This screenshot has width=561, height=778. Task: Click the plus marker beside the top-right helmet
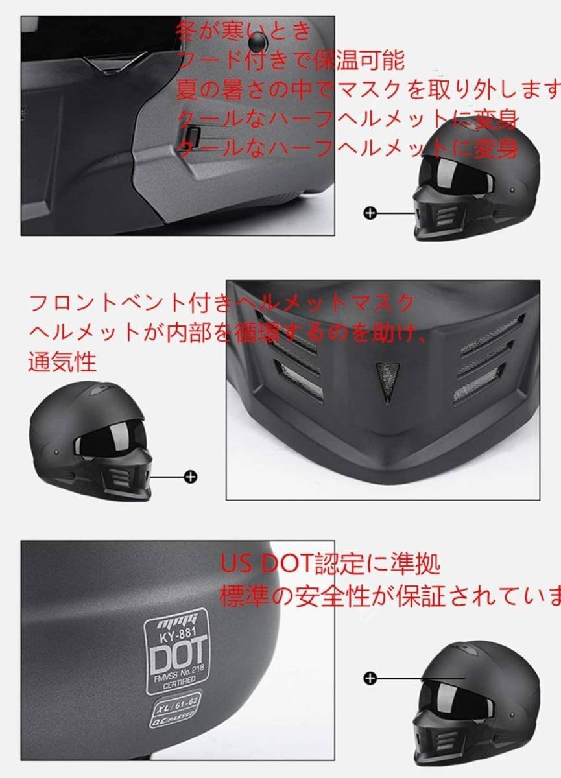[x=370, y=213]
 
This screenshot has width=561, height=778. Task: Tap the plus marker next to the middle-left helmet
[x=191, y=477]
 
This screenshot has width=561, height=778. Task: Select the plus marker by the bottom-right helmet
[x=370, y=678]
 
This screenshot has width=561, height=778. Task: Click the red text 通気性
[x=62, y=361]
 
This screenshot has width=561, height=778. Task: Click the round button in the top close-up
[x=258, y=41]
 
